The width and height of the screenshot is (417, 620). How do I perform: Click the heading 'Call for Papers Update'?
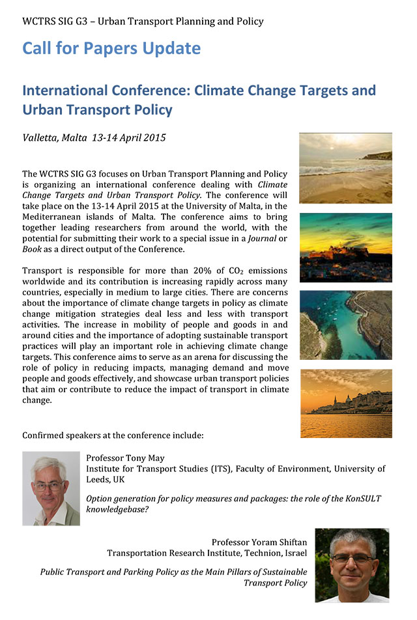[111, 48]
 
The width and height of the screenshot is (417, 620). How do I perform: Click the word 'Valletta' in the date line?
[42, 138]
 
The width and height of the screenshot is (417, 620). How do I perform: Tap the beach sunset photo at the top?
[345, 168]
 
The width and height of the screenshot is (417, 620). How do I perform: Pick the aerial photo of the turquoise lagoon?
[345, 325]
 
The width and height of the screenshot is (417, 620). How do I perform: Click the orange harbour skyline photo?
[345, 403]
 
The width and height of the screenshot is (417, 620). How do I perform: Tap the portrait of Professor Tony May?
[51, 488]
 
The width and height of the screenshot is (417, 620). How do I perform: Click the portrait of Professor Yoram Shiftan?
[352, 565]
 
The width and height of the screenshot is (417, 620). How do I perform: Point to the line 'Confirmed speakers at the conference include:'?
[113, 435]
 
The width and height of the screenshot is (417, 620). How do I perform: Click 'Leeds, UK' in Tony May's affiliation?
[106, 479]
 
